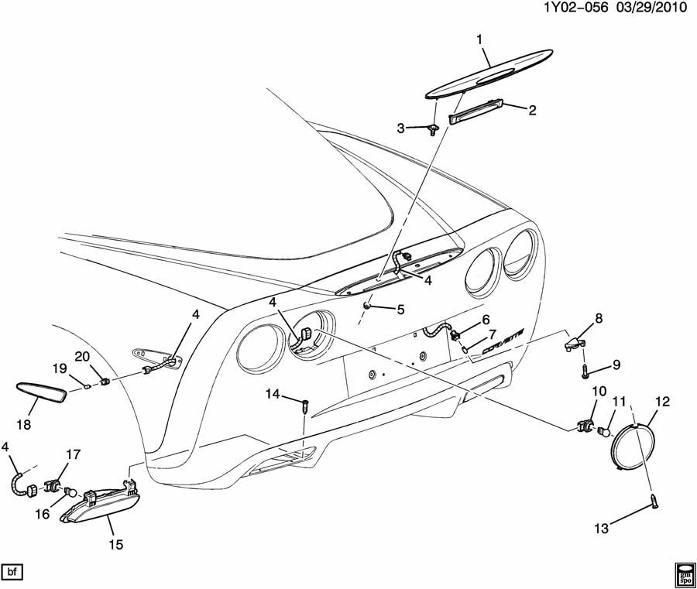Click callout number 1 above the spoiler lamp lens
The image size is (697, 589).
pyautogui.click(x=480, y=39)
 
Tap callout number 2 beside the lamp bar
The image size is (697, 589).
pyautogui.click(x=532, y=110)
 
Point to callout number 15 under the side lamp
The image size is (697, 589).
pyautogui.click(x=115, y=545)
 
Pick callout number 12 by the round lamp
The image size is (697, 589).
pyautogui.click(x=662, y=402)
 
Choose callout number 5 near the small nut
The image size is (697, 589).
pyautogui.click(x=400, y=310)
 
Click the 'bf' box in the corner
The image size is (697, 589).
pyautogui.click(x=13, y=572)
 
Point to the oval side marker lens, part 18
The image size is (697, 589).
pyautogui.click(x=43, y=388)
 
